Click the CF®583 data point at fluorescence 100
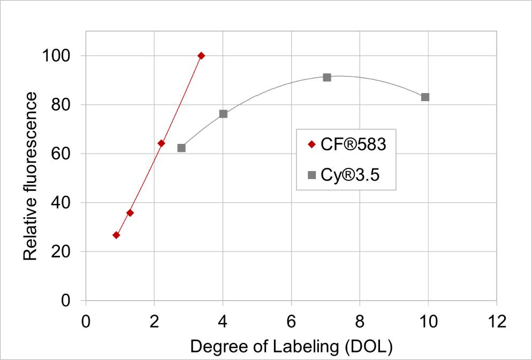point(201,56)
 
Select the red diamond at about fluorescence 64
point(161,143)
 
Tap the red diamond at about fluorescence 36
point(130,213)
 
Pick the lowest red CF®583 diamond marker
point(116,235)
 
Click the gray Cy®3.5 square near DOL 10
point(425,97)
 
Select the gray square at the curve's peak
point(327,78)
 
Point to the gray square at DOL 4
point(223,114)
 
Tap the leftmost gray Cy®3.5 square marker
point(181,148)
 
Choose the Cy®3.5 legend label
point(350,174)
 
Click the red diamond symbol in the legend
point(311,144)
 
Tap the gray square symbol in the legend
point(311,174)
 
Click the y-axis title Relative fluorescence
point(31,177)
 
